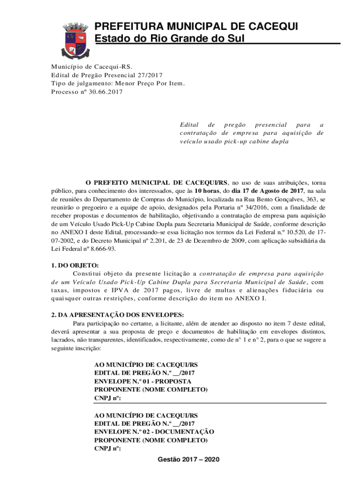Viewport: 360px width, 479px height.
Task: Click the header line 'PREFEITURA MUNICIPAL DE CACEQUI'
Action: pos(196,26)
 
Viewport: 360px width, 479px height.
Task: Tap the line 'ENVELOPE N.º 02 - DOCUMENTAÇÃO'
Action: pos(154,432)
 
